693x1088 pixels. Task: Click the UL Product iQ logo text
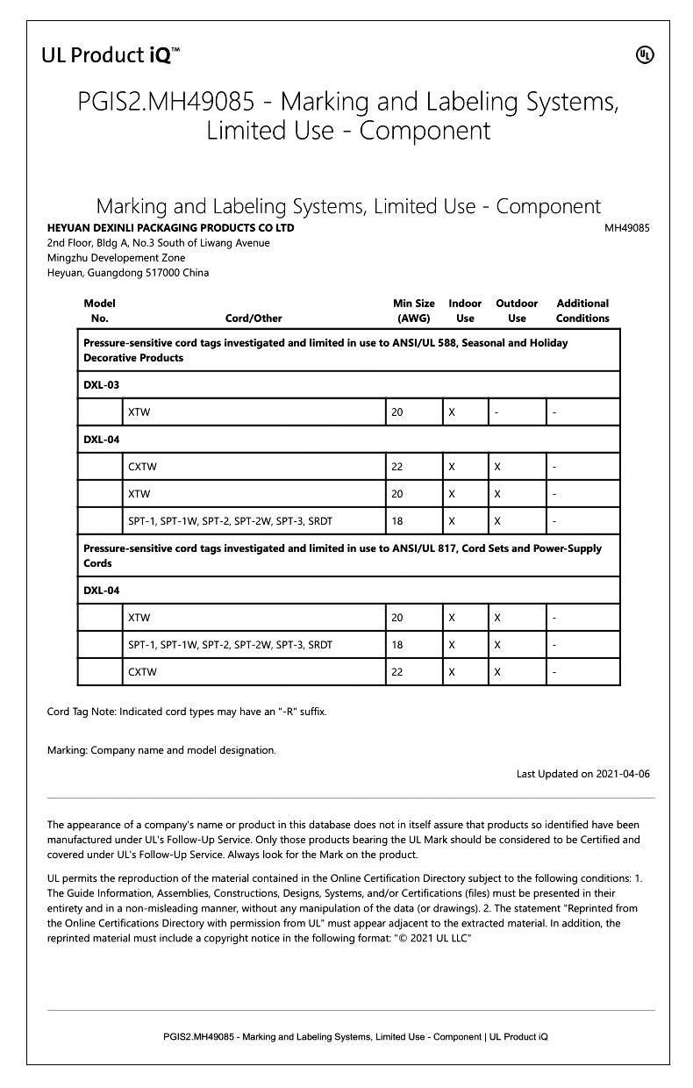[x=111, y=55]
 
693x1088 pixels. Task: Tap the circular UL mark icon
[x=645, y=55]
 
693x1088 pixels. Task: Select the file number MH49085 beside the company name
[x=626, y=228]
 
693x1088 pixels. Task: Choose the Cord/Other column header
[x=254, y=319]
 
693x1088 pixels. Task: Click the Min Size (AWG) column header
[x=413, y=311]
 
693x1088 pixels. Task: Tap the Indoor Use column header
[x=465, y=311]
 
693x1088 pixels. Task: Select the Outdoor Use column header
[x=517, y=311]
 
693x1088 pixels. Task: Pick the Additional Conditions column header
[x=582, y=311]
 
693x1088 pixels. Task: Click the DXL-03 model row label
[x=101, y=385]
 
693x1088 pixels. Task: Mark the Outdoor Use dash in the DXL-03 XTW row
[x=497, y=412]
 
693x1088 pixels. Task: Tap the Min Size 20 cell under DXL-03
[x=397, y=412]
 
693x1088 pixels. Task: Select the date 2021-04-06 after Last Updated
[x=622, y=774]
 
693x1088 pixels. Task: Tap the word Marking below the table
[x=67, y=750]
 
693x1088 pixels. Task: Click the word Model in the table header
[x=99, y=304]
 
